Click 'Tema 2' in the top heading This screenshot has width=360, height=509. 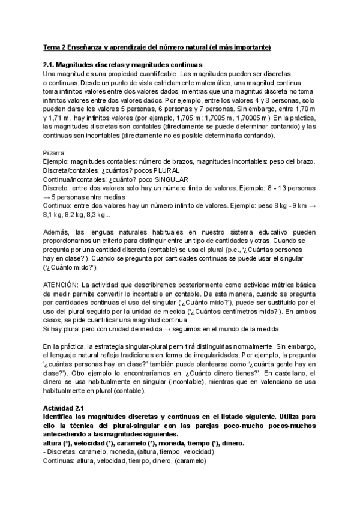pos(55,47)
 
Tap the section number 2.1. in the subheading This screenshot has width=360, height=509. pos(50,65)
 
